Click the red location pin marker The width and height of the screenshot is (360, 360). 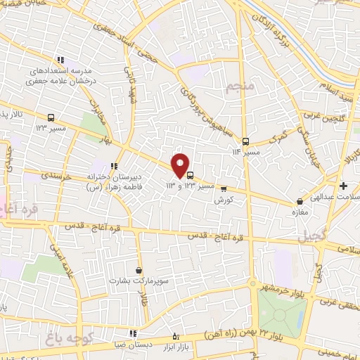pyautogui.click(x=181, y=166)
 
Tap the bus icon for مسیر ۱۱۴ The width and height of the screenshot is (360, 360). pyautogui.click(x=245, y=141)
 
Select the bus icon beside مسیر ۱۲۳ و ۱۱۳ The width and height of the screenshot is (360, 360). pyautogui.click(x=191, y=175)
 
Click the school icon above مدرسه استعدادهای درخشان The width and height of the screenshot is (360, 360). pyautogui.click(x=61, y=60)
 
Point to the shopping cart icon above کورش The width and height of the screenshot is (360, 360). pyautogui.click(x=224, y=188)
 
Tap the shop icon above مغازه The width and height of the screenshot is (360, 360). pyautogui.click(x=300, y=202)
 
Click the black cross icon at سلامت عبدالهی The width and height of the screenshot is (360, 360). pyautogui.click(x=343, y=186)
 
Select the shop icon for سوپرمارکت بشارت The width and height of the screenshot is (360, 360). pyautogui.click(x=139, y=271)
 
